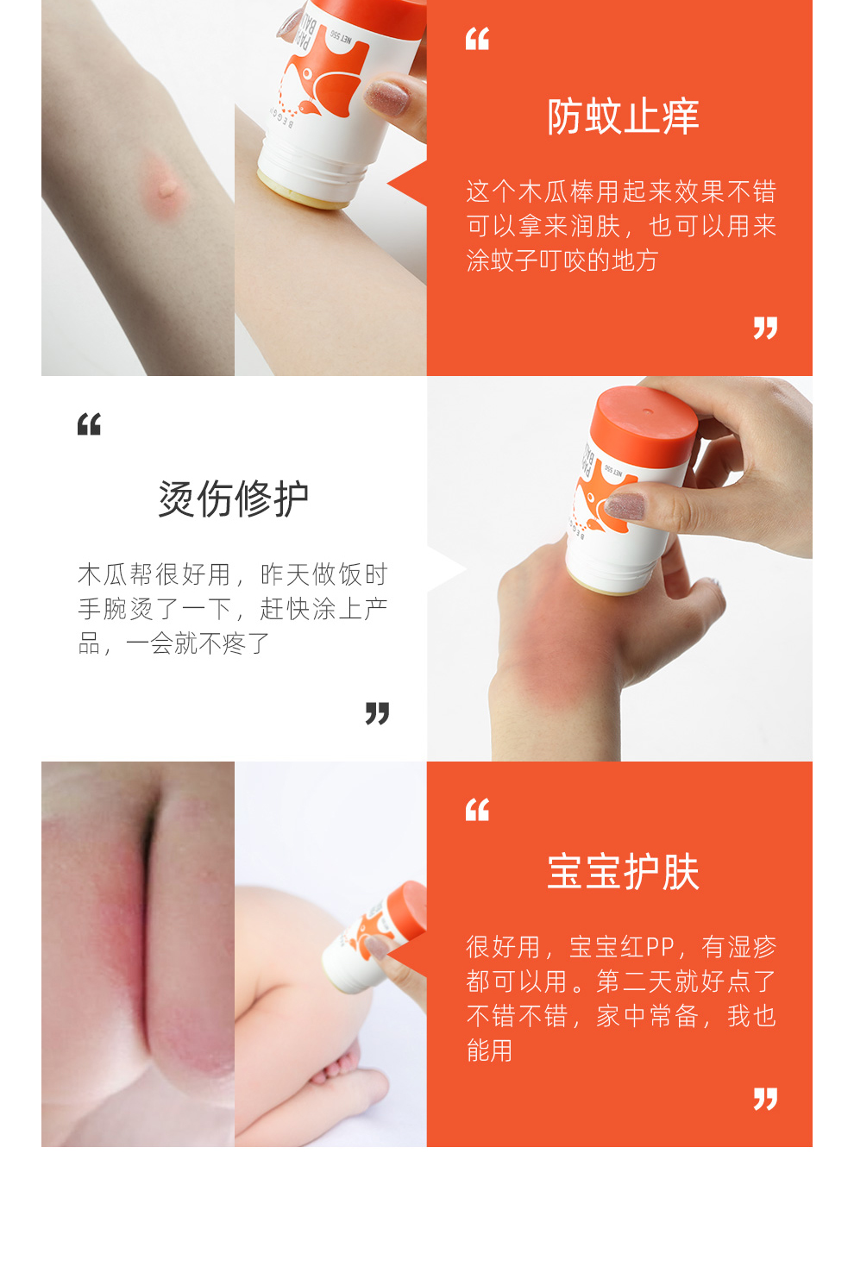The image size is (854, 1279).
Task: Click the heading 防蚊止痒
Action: click(623, 116)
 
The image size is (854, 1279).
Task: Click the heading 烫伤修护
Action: click(234, 498)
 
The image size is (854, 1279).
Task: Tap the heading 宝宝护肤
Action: click(623, 871)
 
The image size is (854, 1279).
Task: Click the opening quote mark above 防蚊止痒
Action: click(477, 40)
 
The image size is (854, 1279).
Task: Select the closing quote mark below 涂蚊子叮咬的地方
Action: click(765, 329)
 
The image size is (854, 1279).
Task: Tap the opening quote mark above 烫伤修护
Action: click(89, 424)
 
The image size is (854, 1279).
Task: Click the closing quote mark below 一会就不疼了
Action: click(377, 714)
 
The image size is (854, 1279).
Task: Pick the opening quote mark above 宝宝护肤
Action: click(477, 810)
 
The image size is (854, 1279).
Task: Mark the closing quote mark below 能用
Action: click(765, 1099)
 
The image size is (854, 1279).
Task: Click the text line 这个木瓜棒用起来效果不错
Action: click(621, 191)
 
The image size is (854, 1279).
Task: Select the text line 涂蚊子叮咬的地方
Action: click(562, 261)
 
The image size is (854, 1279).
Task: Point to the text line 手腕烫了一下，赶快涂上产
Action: click(233, 609)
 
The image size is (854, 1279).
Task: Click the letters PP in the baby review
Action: click(660, 947)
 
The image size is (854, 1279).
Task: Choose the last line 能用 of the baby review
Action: click(489, 1050)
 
